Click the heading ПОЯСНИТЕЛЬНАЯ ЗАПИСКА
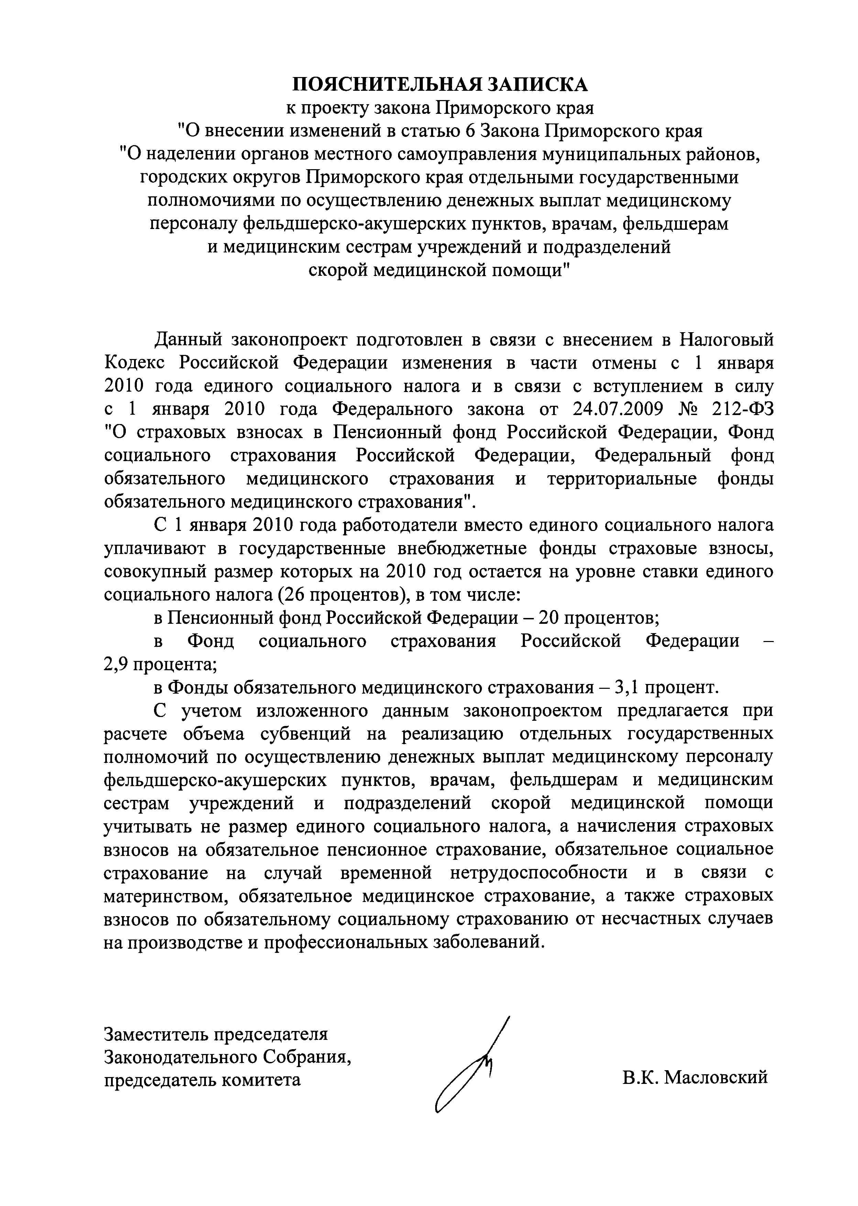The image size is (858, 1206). [x=440, y=85]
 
